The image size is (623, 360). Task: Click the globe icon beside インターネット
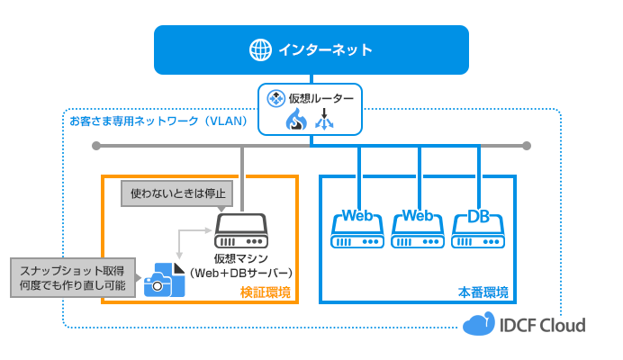point(261,49)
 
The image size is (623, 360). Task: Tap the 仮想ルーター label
point(319,96)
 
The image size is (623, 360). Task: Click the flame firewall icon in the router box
point(296,120)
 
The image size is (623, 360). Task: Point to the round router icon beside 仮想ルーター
point(275,96)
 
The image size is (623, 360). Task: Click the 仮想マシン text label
point(240,258)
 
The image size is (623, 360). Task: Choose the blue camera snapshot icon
point(165,280)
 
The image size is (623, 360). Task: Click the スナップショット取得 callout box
point(74,276)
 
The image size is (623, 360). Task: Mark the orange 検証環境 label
point(266,292)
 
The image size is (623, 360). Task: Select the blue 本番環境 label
point(483,292)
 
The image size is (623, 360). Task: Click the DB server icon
point(478,231)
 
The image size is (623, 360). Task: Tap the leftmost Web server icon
point(358,231)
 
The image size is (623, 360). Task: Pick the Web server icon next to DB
point(419,231)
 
